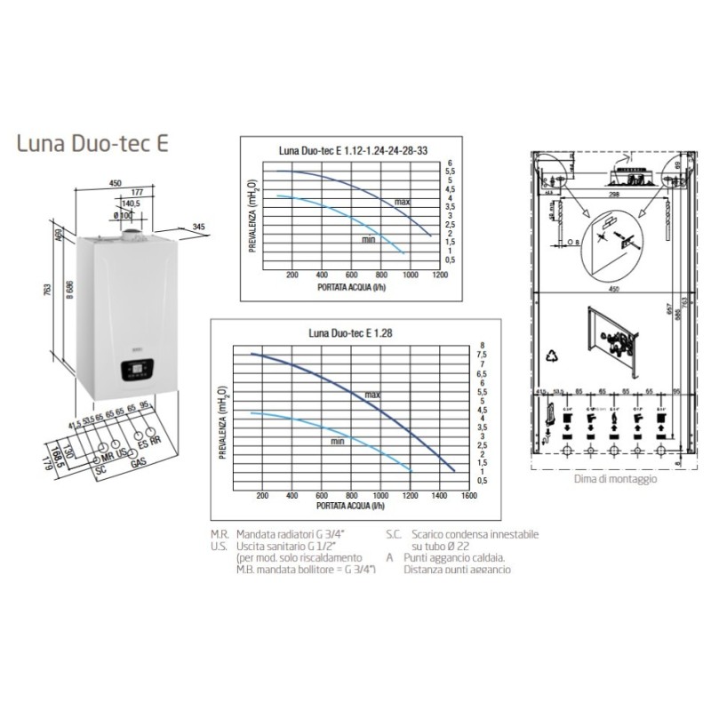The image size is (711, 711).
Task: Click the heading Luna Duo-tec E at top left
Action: tap(86, 143)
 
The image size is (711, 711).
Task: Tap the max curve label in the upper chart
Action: tap(402, 203)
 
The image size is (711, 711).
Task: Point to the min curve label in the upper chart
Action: tap(369, 238)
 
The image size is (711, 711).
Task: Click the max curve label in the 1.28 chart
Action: tap(371, 394)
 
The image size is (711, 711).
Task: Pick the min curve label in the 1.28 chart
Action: tap(338, 441)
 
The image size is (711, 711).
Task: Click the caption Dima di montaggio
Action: tap(616, 478)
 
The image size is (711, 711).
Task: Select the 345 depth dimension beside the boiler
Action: tap(198, 228)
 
